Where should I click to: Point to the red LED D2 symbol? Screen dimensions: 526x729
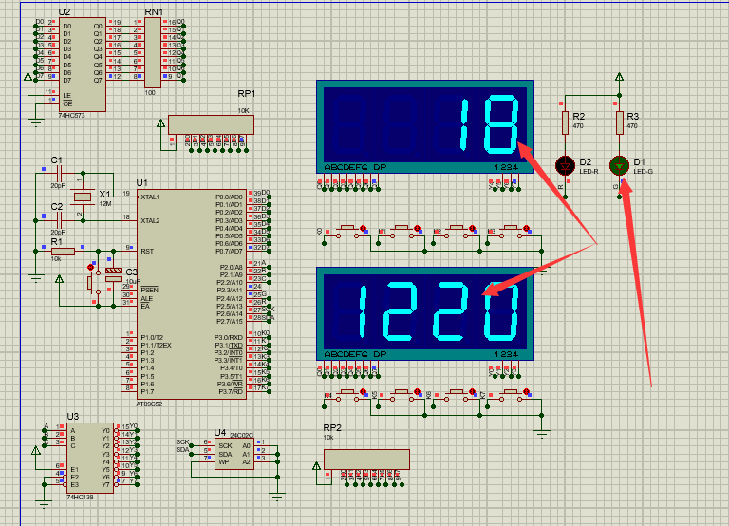tap(565, 164)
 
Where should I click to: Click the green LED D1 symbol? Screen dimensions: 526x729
tap(619, 164)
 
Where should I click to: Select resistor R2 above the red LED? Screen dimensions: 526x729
tap(565, 122)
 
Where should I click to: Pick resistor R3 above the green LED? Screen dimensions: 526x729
tap(619, 122)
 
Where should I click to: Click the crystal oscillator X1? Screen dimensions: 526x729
tap(84, 197)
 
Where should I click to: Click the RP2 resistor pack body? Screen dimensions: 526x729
tap(366, 459)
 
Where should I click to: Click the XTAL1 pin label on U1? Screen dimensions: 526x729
tap(150, 197)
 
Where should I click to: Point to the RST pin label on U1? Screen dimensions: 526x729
tap(147, 252)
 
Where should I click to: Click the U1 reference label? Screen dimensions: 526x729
tap(142, 182)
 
